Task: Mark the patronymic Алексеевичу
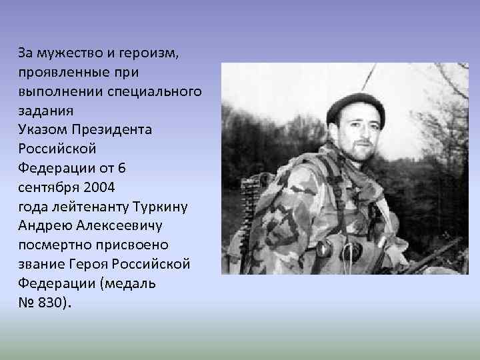tap(127, 225)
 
